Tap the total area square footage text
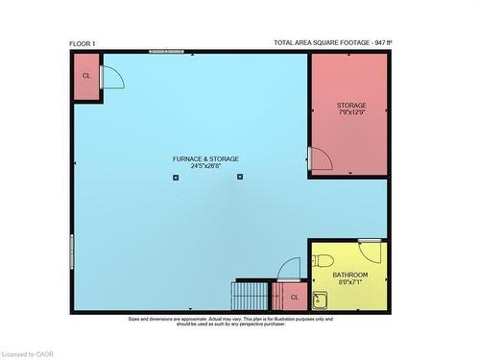point(332,43)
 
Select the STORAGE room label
point(350,105)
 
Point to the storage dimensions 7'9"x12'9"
point(350,113)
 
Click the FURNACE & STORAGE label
point(205,158)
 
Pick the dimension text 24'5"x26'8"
point(205,166)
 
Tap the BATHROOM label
point(349,275)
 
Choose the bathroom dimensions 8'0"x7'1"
point(349,283)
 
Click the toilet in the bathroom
point(324,260)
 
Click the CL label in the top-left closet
point(86,75)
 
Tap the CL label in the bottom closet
point(295,298)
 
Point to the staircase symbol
point(252,295)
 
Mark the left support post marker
point(176,178)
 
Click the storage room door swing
point(320,159)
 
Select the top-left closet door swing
point(111,76)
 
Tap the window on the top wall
point(167,51)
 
